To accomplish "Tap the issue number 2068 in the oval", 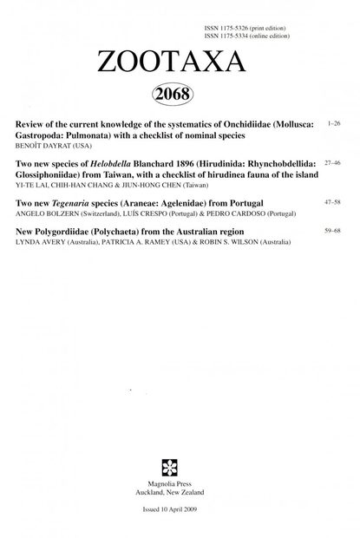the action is click(180, 94).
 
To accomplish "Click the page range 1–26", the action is click(334, 125).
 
